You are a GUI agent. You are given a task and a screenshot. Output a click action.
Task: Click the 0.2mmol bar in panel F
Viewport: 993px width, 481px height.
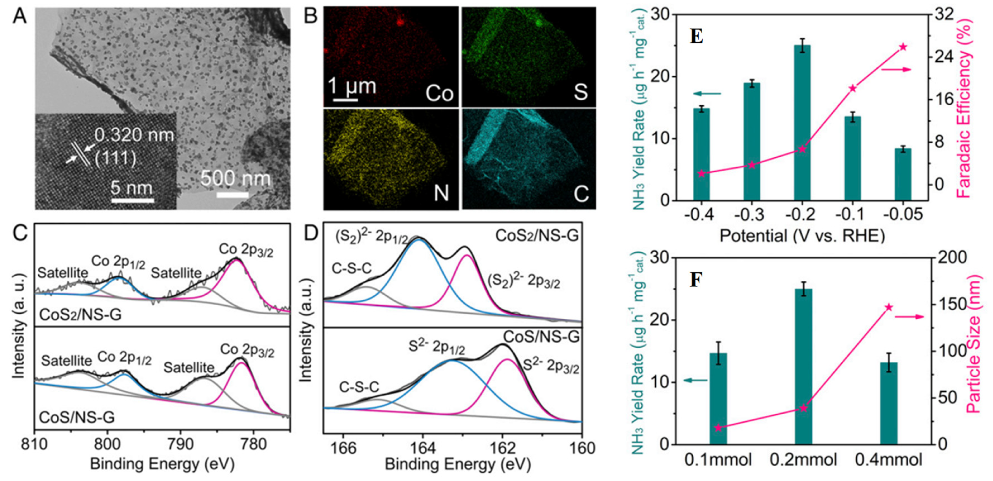point(803,366)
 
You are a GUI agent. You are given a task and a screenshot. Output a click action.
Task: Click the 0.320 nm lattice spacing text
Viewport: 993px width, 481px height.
point(134,135)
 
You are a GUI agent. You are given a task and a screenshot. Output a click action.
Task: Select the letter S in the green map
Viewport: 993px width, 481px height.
point(580,93)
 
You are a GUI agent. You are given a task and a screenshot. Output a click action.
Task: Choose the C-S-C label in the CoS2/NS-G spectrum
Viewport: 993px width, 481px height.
point(352,269)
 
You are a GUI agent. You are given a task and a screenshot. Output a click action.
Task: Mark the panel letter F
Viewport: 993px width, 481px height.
point(695,280)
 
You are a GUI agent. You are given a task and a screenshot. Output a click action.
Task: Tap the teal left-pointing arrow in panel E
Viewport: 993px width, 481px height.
point(707,93)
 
